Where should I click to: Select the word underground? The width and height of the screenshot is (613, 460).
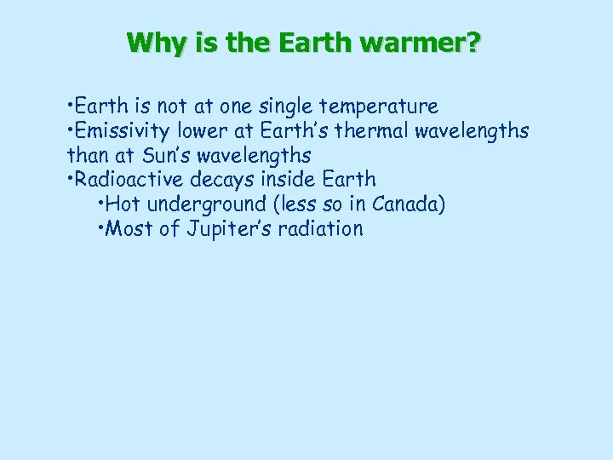click(x=198, y=205)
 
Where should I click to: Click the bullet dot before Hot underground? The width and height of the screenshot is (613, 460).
click(x=102, y=205)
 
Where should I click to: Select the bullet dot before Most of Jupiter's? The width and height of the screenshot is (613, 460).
click(x=102, y=229)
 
